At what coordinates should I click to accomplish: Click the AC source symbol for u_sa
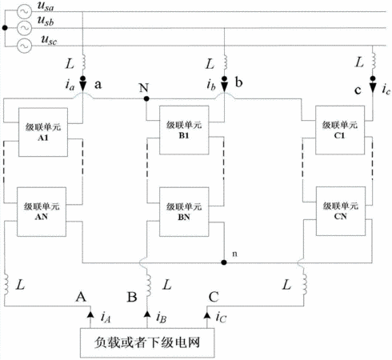coord(24,11)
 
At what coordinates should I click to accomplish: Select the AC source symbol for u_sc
coord(24,46)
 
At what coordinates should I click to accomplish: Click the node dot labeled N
coord(146,98)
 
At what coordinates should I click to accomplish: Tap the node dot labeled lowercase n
coord(224,262)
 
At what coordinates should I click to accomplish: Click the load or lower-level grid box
coord(147,342)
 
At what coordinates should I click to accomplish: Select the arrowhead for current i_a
coord(83,86)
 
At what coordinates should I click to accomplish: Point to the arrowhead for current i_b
coord(225,86)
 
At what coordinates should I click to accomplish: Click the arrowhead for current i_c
coord(373,86)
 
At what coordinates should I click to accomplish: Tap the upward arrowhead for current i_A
coord(90,314)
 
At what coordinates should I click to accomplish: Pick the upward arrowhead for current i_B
coord(147,314)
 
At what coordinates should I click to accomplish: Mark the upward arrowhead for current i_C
coord(207,314)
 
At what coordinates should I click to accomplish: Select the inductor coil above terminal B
coord(148,285)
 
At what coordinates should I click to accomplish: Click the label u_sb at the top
coord(46,21)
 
